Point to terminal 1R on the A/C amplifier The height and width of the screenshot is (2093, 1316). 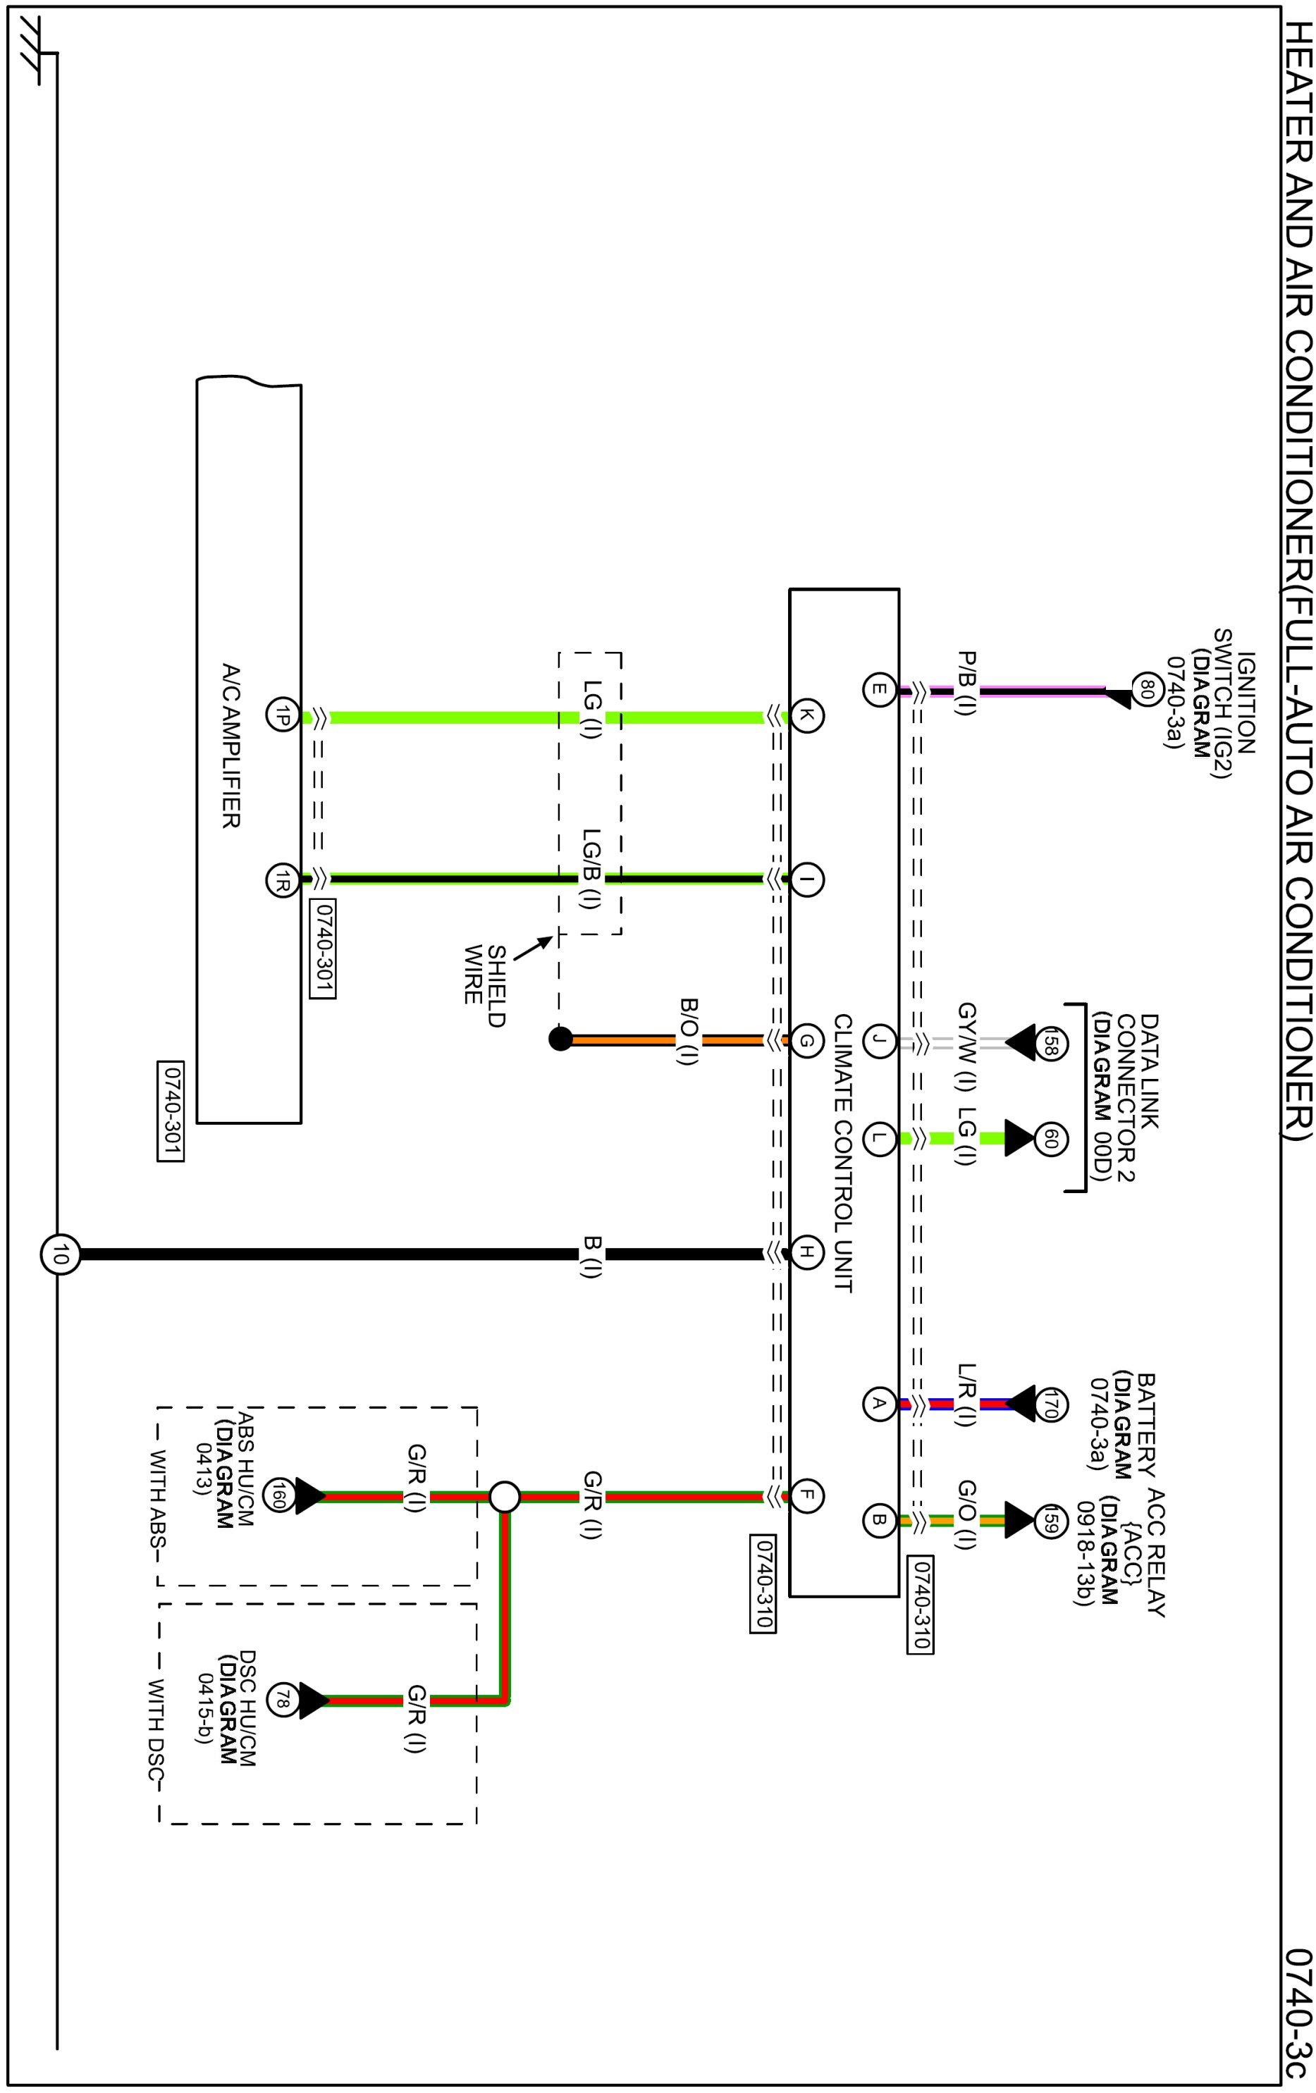point(283,879)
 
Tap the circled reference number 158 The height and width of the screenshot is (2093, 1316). point(1049,1043)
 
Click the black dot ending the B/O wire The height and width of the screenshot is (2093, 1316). point(560,1039)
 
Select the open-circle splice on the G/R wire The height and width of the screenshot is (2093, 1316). point(504,1498)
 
